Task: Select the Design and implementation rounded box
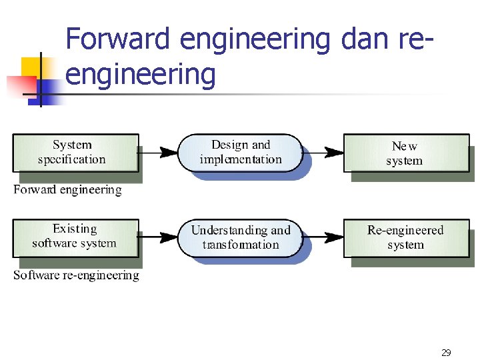point(241,152)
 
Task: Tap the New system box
point(405,153)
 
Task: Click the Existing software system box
point(74,237)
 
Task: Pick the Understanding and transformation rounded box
point(241,237)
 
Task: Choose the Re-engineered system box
point(405,237)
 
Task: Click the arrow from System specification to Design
point(159,153)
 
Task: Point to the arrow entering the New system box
point(323,153)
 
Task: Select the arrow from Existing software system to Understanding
point(159,237)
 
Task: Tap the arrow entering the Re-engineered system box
point(323,237)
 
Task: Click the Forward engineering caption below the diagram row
point(68,190)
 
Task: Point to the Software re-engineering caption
point(76,275)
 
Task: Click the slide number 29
point(446,353)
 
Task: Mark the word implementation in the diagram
point(241,159)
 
